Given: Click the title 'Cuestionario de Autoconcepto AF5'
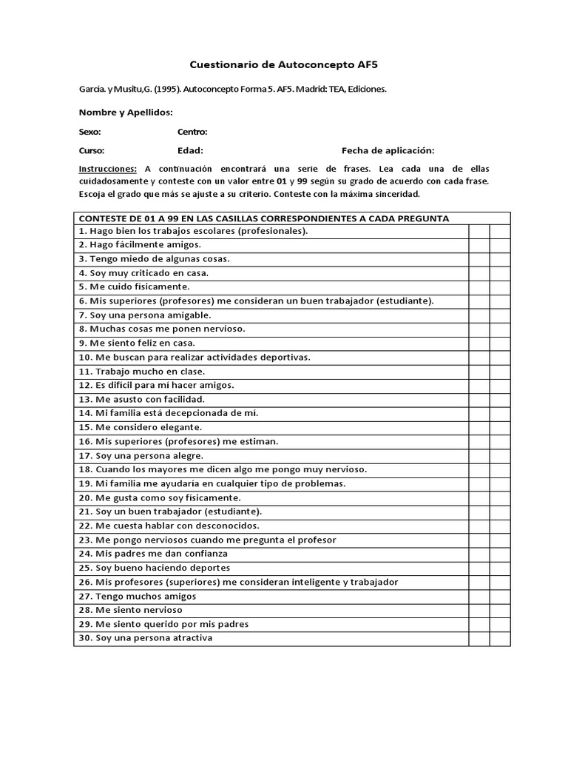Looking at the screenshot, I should point(284,65).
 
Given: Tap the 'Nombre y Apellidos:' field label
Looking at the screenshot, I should point(125,112).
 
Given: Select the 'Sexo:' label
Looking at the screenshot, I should point(89,132).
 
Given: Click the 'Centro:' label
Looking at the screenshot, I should point(192,132).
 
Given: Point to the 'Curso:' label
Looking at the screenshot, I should point(91,150).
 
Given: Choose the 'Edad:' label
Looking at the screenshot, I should point(190,150).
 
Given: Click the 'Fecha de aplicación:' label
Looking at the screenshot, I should point(388,150).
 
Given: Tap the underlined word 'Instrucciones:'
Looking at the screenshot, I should point(107,169).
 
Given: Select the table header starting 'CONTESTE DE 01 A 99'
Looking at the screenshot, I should point(263,218).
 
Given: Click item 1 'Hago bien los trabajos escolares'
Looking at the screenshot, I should point(192,230).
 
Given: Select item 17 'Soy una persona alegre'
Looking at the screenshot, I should point(140,455).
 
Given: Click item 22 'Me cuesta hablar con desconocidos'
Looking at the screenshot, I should point(168,526).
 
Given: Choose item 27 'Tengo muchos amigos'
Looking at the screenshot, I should point(137,596).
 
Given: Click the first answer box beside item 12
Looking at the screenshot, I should point(479,385).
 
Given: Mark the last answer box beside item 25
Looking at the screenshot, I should point(500,568).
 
